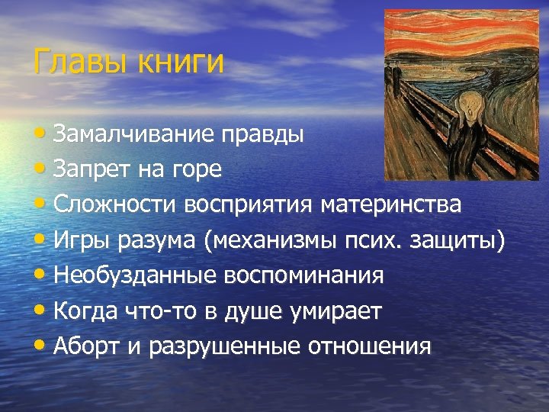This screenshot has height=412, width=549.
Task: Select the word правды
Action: [x=263, y=135]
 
